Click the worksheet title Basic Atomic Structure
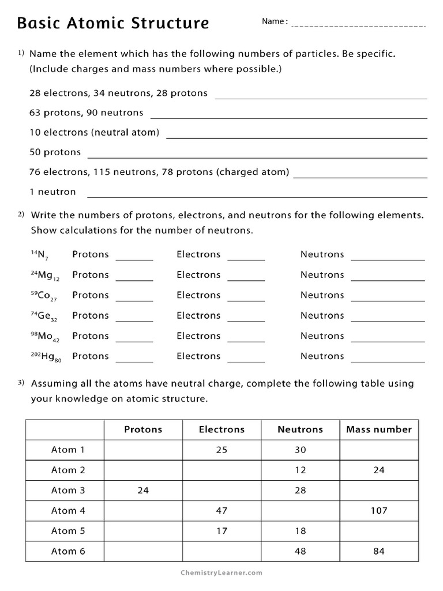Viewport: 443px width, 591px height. click(113, 23)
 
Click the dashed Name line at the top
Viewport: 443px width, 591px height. click(359, 26)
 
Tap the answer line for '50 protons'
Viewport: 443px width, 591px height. click(257, 157)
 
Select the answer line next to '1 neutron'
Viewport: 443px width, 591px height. click(257, 196)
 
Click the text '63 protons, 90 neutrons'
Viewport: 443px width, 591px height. click(87, 113)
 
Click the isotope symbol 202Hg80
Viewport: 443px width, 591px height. click(46, 357)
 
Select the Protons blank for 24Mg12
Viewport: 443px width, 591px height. click(134, 279)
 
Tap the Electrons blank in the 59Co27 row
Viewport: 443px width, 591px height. click(246, 300)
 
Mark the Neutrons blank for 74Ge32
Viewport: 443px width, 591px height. click(388, 320)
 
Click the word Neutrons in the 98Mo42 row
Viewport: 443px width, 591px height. click(322, 336)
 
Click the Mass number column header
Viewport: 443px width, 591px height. click(379, 429)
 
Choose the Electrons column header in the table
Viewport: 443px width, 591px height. click(221, 429)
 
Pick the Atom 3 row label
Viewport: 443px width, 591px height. click(68, 490)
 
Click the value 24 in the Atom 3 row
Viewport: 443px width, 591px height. click(143, 490)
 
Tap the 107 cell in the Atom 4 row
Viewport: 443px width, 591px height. click(379, 510)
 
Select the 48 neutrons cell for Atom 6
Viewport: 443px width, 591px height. click(300, 551)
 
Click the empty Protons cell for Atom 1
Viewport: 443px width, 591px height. click(143, 450)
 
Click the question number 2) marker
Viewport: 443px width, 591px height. click(21, 215)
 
